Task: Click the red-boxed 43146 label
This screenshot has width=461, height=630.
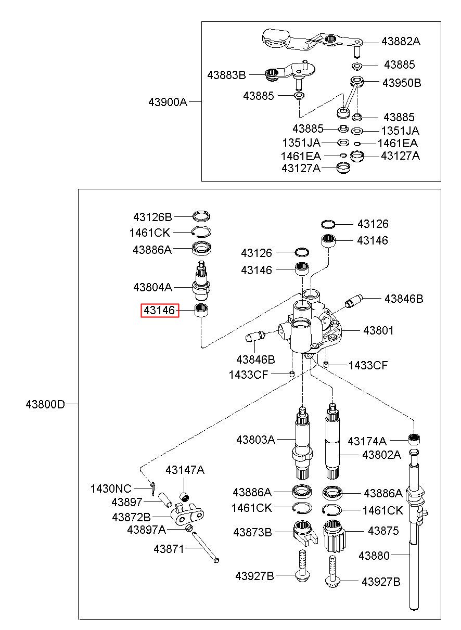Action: pyautogui.click(x=159, y=310)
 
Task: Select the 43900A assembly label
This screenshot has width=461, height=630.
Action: pyautogui.click(x=168, y=102)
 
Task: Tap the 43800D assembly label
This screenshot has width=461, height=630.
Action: pyautogui.click(x=45, y=404)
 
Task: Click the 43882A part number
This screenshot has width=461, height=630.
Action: pyautogui.click(x=401, y=42)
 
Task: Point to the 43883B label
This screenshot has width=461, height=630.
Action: pyautogui.click(x=226, y=75)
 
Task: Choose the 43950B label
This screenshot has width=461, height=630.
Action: pyautogui.click(x=402, y=83)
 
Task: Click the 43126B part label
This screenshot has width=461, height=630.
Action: pyautogui.click(x=152, y=217)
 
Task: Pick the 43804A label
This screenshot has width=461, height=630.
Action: pyautogui.click(x=152, y=288)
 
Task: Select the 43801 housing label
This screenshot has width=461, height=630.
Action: pyautogui.click(x=378, y=330)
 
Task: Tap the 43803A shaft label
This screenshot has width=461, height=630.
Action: pyautogui.click(x=255, y=440)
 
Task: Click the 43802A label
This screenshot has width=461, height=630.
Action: pyautogui.click(x=381, y=455)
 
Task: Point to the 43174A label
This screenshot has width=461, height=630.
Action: pyautogui.click(x=367, y=441)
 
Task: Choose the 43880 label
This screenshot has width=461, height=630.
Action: pyautogui.click(x=374, y=556)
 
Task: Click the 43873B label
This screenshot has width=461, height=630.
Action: pyautogui.click(x=252, y=532)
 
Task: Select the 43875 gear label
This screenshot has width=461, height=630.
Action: pyautogui.click(x=383, y=531)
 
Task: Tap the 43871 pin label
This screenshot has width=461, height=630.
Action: pyautogui.click(x=169, y=549)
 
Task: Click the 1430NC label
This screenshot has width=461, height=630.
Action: pyautogui.click(x=111, y=488)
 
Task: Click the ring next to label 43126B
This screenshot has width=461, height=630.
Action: pyautogui.click(x=201, y=216)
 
